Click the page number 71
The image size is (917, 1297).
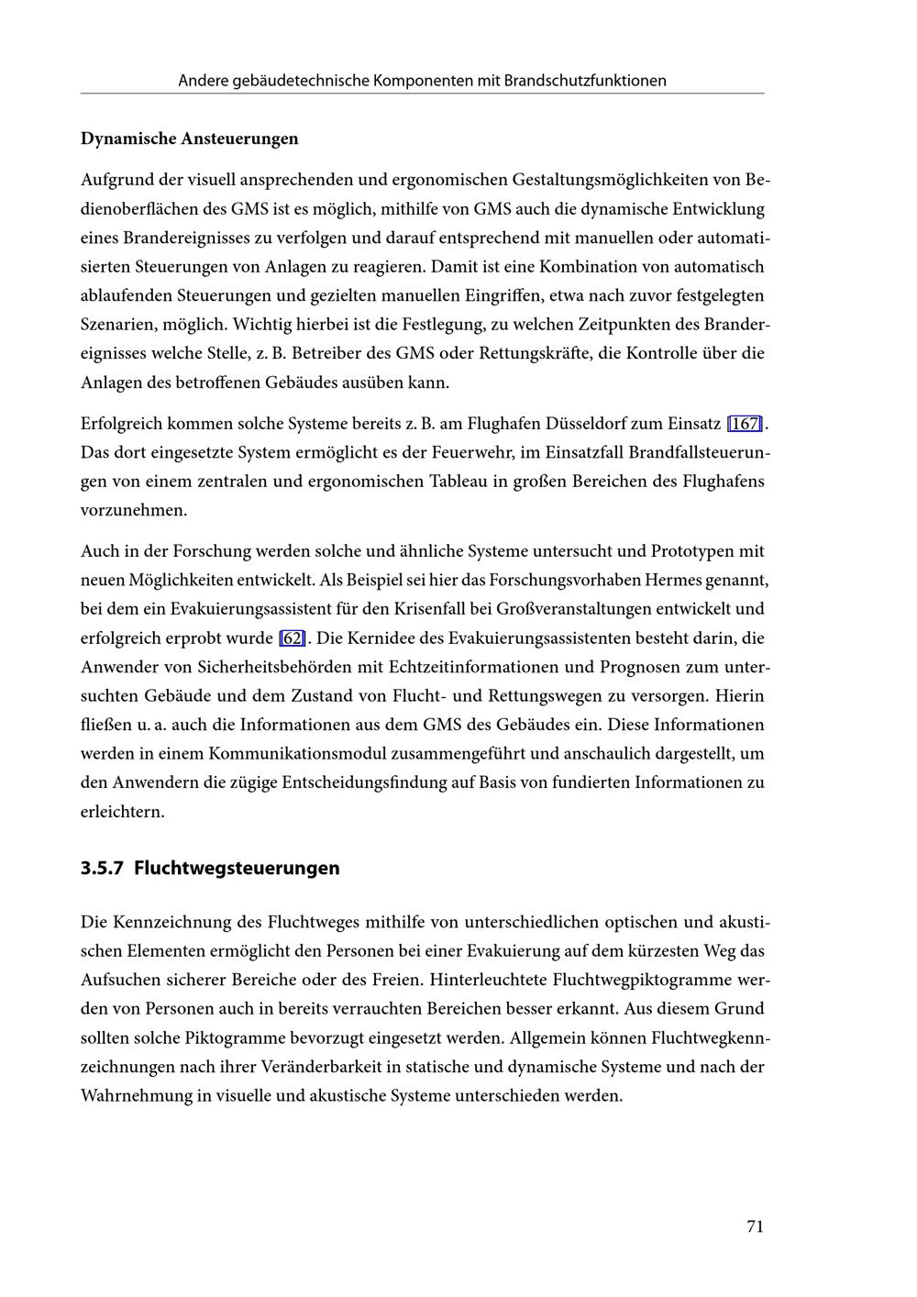coord(755,1226)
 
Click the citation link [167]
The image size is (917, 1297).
coord(745,424)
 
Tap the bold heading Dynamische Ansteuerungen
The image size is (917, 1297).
coord(190,139)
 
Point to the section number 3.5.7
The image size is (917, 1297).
coord(101,868)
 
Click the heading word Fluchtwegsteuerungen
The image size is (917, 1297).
coord(237,868)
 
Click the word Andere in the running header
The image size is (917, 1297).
coord(204,81)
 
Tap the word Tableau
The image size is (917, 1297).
coord(459,482)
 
